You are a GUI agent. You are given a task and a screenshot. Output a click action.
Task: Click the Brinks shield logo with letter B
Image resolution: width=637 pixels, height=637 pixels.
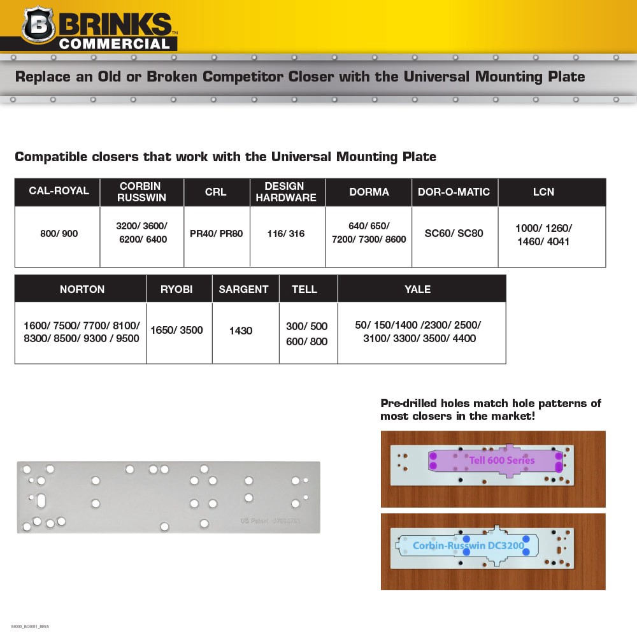(38, 26)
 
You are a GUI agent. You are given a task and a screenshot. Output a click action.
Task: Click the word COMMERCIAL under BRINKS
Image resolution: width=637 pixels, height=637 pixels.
(115, 44)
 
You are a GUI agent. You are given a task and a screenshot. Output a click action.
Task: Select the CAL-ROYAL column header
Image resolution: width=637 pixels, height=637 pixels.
(59, 192)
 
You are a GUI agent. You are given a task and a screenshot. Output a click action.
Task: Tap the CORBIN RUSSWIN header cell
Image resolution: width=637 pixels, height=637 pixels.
(141, 192)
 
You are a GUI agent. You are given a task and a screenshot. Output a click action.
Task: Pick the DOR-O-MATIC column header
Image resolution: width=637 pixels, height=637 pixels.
(454, 192)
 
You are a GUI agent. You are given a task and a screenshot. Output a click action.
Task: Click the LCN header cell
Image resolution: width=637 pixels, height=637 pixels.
(543, 192)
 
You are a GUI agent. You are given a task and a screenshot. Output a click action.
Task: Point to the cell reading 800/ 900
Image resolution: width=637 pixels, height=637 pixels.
(59, 234)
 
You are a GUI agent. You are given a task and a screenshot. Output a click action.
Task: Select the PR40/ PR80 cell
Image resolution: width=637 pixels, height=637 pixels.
(217, 234)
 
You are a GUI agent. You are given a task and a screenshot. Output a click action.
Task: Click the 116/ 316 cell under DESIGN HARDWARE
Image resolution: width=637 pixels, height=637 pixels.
(286, 234)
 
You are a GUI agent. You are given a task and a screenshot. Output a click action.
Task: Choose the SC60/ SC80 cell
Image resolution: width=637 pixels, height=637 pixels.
(454, 234)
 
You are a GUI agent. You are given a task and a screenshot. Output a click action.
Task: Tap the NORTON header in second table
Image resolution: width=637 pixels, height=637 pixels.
(82, 289)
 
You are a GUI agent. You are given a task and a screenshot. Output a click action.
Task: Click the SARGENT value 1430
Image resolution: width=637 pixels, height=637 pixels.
(241, 331)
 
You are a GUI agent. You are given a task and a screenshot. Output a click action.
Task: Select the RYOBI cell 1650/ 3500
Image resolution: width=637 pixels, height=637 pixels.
(176, 330)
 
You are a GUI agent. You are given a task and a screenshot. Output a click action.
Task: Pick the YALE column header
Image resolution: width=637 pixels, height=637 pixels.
(418, 289)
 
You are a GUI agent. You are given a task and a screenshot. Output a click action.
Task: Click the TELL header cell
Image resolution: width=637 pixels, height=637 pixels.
(304, 289)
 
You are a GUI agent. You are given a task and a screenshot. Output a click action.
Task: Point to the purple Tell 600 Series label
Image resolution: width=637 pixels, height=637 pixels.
(502, 460)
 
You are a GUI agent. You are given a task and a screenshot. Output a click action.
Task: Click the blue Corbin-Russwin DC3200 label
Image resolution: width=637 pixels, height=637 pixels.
(468, 545)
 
